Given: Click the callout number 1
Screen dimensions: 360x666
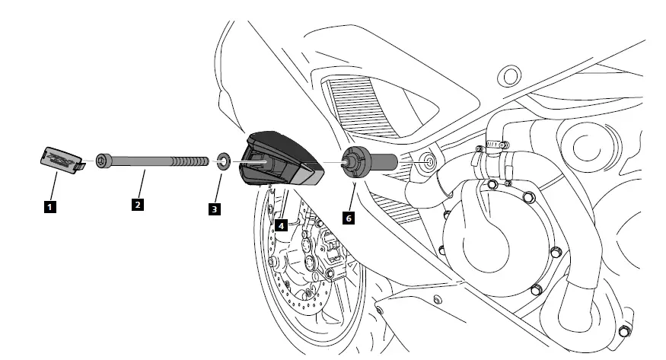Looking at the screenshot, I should (49, 205).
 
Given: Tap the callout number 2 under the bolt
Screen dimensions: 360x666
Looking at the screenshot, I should (138, 205).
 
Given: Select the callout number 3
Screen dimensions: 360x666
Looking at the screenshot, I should (215, 207).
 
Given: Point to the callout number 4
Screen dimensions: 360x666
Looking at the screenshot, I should (281, 225).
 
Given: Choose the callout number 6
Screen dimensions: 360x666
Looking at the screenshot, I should (348, 217).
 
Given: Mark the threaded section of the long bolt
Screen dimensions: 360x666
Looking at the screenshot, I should (190, 161).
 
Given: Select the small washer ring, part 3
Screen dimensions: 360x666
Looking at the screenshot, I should (223, 161).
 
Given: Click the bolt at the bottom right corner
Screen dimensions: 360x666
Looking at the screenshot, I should (624, 332).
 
